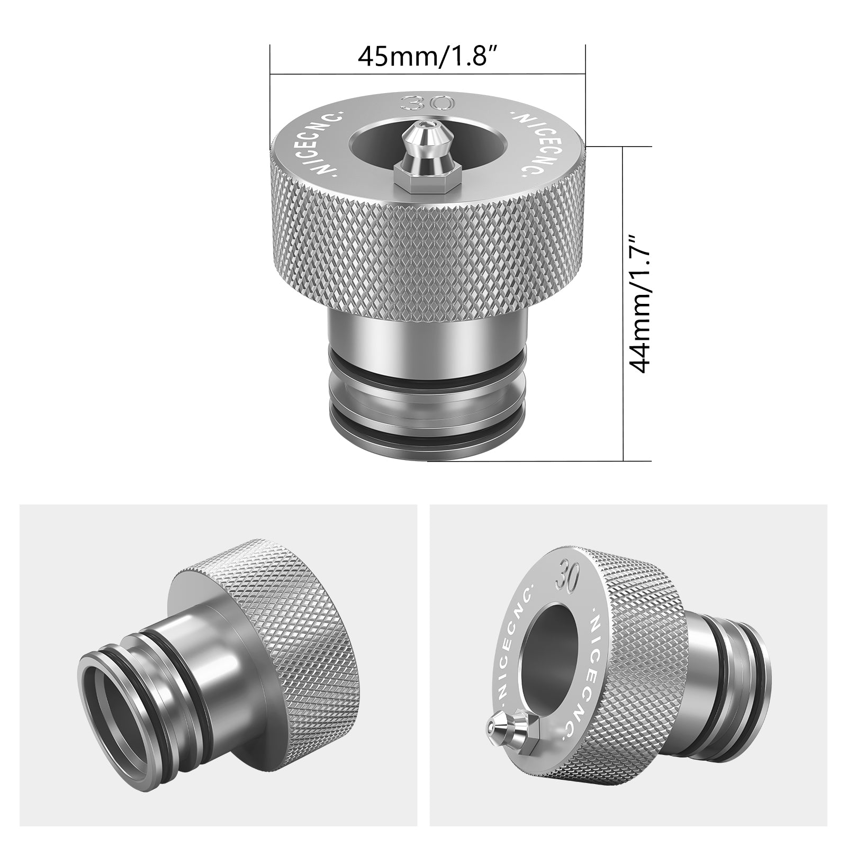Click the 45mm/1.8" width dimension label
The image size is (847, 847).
click(x=428, y=56)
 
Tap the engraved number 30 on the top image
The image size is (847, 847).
click(x=427, y=102)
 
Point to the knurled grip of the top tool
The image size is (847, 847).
click(x=428, y=254)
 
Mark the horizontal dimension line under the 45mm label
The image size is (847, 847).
click(x=428, y=74)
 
